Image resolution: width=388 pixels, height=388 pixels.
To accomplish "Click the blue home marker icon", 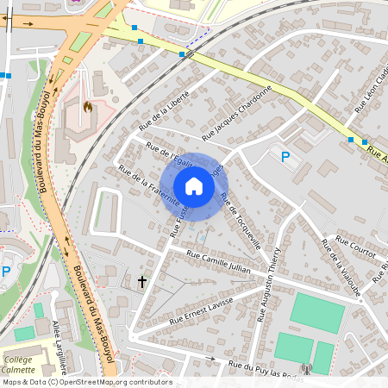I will coord(194,186).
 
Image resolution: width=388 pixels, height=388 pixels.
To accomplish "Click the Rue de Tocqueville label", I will coord(241,221).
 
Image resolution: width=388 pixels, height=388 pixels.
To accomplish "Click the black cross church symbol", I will coord(143,282).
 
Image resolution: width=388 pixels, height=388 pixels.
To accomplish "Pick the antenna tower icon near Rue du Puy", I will coord(304,370).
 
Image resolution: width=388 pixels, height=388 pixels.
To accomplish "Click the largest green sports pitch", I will coord(316,312).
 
